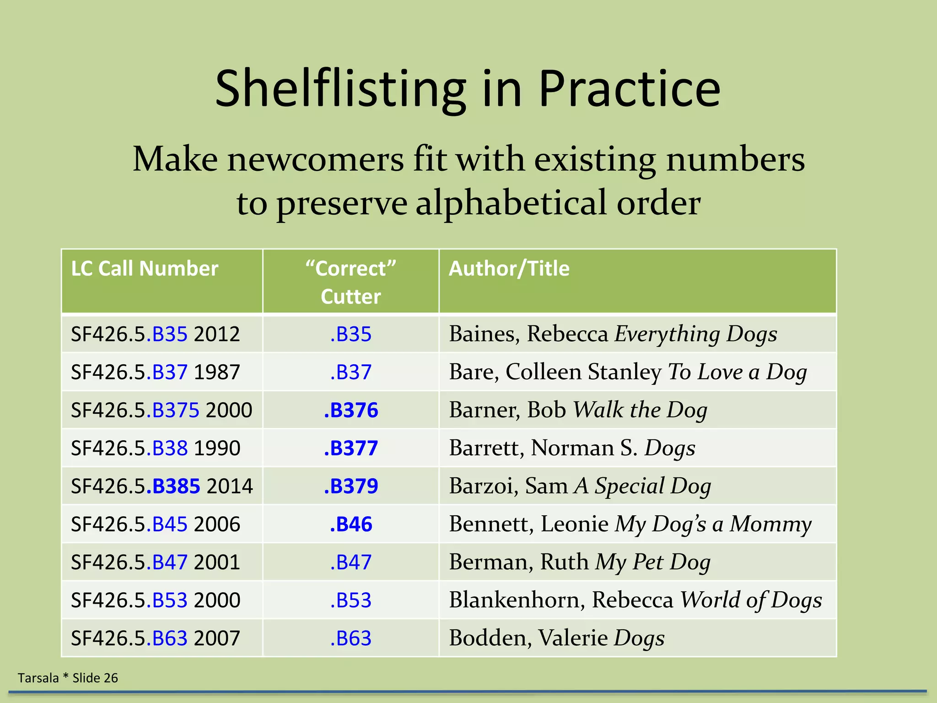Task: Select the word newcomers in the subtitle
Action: (315, 159)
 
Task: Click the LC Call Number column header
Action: (145, 269)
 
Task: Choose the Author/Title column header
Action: (509, 269)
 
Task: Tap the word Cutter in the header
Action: (350, 297)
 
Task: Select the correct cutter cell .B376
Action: (351, 410)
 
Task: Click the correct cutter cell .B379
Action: (351, 486)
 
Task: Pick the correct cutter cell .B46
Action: (351, 524)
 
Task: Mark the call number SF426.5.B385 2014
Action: (162, 486)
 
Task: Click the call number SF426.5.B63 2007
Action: (155, 638)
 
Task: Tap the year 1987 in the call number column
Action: (217, 372)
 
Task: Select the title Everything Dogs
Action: (695, 334)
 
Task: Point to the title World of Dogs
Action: (751, 600)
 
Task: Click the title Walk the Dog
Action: (640, 410)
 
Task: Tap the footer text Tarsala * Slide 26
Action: (68, 678)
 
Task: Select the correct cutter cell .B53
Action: (351, 600)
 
